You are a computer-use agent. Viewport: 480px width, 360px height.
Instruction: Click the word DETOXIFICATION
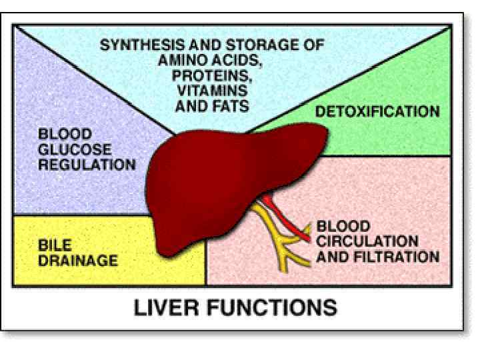point(377,111)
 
